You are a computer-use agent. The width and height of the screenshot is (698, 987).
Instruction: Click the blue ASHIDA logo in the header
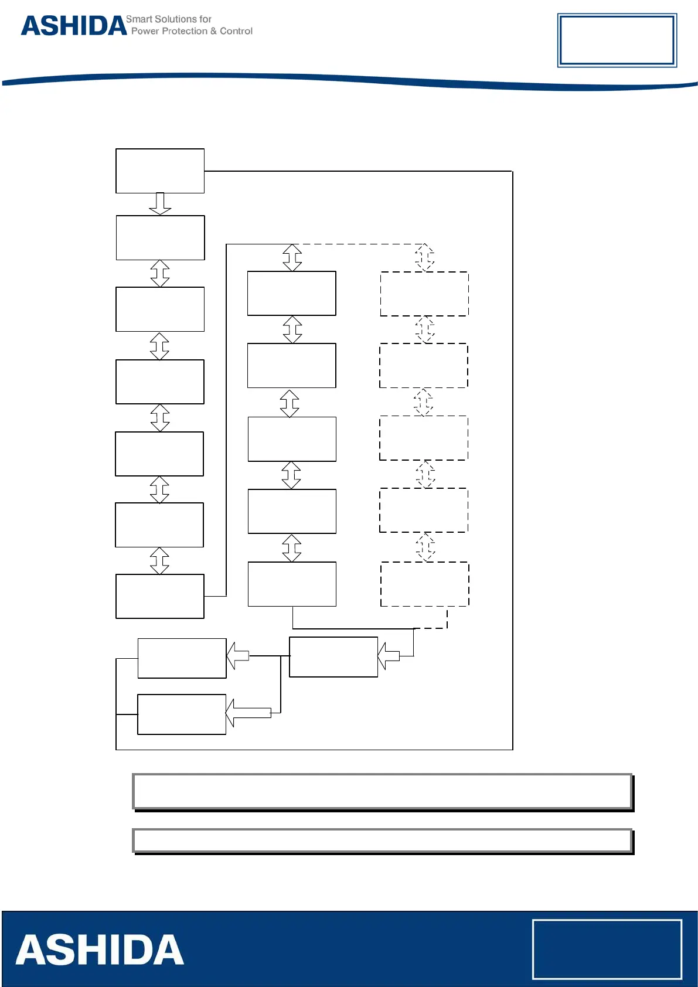pos(74,26)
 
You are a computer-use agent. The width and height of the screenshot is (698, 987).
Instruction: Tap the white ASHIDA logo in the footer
pos(100,950)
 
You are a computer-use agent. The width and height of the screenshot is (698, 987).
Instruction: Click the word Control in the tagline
pos(236,31)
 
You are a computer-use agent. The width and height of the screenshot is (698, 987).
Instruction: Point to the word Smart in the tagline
pos(139,19)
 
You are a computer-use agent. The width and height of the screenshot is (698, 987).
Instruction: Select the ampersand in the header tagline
pos(213,31)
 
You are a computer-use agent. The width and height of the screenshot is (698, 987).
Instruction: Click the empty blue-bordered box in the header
pos(617,40)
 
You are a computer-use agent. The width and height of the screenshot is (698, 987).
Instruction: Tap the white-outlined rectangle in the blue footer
pos(607,949)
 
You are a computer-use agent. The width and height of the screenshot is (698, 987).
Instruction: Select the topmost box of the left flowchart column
pos(160,171)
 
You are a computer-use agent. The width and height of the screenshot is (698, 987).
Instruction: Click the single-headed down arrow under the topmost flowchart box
pos(160,203)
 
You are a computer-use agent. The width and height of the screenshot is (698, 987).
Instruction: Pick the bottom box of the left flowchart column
pos(160,596)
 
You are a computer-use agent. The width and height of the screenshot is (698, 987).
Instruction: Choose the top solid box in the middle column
pos(291,293)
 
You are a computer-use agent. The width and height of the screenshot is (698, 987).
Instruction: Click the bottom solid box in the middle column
pos(292,584)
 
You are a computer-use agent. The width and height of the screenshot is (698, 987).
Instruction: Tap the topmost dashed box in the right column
pos(424,294)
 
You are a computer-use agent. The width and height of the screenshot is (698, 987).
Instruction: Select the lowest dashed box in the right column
pos(425,584)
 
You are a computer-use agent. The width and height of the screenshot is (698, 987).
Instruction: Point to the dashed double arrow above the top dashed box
pos(425,257)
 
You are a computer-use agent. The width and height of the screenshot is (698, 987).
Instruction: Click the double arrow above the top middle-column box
pos(292,257)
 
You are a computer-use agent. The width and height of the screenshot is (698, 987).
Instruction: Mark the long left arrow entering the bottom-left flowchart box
pos(248,713)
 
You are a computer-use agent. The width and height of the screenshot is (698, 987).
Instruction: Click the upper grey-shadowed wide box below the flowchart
pos(382,791)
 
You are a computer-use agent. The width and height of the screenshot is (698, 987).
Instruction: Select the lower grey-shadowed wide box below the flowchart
pos(382,840)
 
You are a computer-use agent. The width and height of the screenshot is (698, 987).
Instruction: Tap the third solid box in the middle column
pos(292,439)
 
